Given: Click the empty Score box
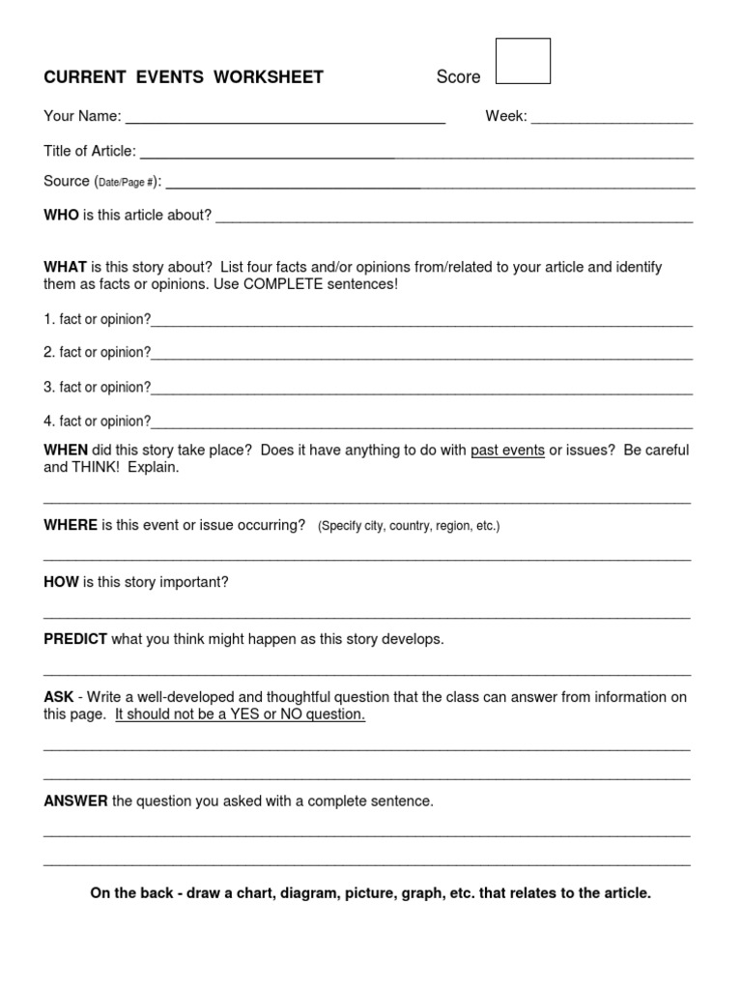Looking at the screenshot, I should pos(523,61).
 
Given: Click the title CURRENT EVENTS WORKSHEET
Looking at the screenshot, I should pos(184,77).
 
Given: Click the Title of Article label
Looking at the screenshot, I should pos(90,151).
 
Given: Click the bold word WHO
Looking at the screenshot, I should pos(61,215).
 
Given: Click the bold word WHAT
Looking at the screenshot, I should pos(65,267).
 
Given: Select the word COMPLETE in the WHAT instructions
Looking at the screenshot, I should pos(284,284).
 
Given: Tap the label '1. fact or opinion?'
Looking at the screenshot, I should pos(97,319).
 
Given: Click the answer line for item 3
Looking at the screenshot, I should pos(421,393).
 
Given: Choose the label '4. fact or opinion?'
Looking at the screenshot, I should pos(97,421).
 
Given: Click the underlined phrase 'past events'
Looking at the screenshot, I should pos(507,451).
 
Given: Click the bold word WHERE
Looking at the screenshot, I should pos(70,525).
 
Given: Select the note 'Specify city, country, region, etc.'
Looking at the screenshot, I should pos(409,526).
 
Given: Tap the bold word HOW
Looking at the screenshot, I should pos(61,582).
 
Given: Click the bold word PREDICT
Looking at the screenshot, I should pos(75,640).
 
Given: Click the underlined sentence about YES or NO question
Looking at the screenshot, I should pos(240,714).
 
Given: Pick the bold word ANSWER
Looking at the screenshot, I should pos(75,801).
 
